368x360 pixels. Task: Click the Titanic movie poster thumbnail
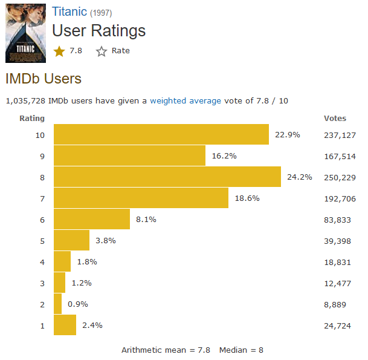[x=25, y=33]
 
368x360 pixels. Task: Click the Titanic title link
[x=69, y=12]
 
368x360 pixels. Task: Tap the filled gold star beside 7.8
[x=59, y=51]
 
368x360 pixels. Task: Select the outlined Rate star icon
[x=101, y=51]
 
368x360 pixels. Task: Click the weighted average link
[x=186, y=100]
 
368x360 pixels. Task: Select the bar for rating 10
[x=161, y=134]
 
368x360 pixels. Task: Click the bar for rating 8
[x=167, y=177]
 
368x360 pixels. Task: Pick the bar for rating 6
[x=92, y=219]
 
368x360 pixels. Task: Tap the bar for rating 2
[x=58, y=304]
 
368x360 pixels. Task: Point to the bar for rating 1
[x=65, y=325]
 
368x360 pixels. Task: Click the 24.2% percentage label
[x=299, y=177]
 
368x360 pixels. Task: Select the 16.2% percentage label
[x=224, y=155]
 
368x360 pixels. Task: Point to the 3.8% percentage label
[x=105, y=240]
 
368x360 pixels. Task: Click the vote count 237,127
[x=340, y=135]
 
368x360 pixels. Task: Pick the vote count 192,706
[x=340, y=198]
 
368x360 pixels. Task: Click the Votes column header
[x=335, y=119]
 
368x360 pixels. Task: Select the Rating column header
[x=32, y=119]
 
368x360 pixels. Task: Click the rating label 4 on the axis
[x=42, y=261]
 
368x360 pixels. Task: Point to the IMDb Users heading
[x=43, y=79]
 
